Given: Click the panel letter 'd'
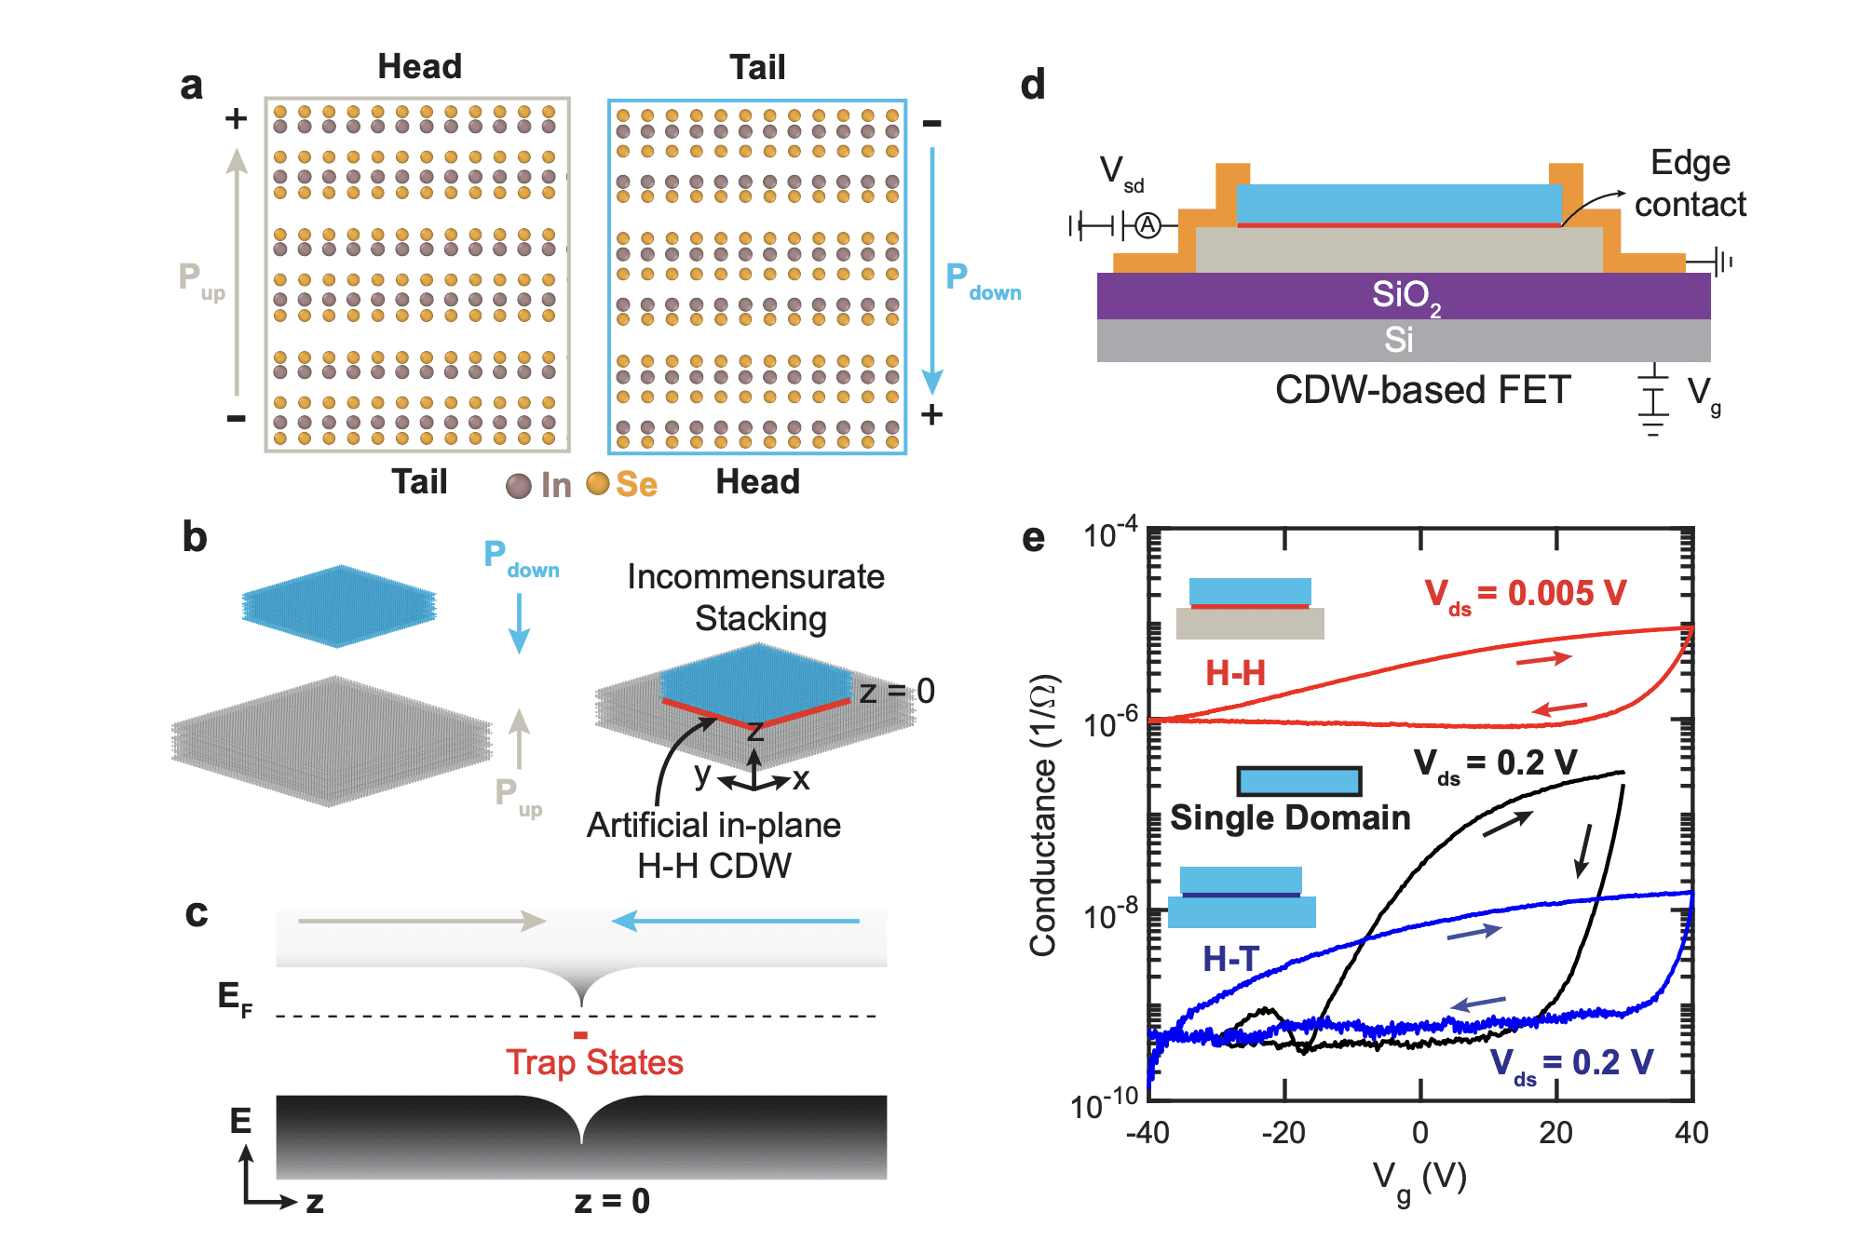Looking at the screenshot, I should pos(1032,85).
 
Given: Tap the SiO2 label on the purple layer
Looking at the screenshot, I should pos(1405,296).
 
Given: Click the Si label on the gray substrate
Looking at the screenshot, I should pos(1398,340).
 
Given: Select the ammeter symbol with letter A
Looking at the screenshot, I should pos(1148,225).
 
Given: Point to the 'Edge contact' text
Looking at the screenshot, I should pos(1690,183).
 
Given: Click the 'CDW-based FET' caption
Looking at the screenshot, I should pos(1422,390).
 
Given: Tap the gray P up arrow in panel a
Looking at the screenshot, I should pos(237,270).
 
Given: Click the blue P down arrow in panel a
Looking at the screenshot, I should pos(931,270).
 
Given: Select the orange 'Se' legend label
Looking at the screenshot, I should pos(636,484).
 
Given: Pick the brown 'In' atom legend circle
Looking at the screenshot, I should pos(518,486).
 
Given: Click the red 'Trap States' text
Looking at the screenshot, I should pos(594,1062).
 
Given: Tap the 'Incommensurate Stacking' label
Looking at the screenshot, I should pos(756,597).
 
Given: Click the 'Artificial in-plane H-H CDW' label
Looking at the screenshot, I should pos(713,845).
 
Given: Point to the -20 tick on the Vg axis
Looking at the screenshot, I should pos(1283,1133).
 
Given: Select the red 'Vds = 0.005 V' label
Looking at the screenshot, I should pos(1525,593).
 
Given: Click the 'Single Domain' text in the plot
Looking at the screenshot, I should pos(1290,817).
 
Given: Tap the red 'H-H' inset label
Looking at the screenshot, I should pos(1235,672).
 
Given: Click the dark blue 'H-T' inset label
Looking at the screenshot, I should pos(1230,958).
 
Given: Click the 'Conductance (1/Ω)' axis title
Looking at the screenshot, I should pos(1043,815).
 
